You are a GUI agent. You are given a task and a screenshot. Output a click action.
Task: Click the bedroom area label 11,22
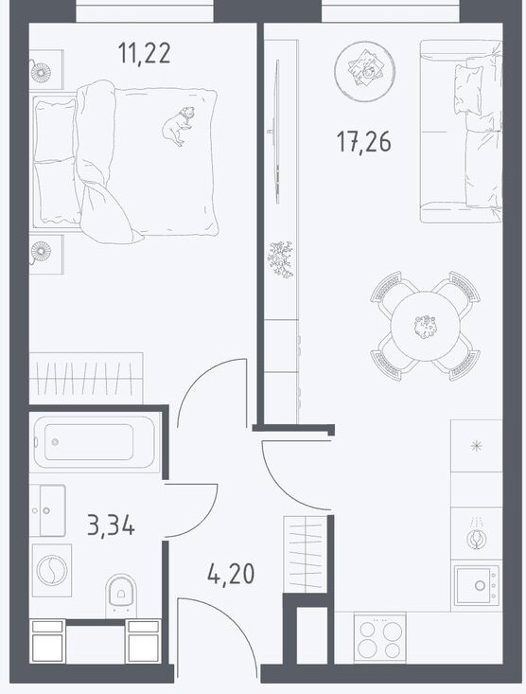[x=144, y=54]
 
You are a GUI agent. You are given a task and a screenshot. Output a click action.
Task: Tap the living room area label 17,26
[x=363, y=142]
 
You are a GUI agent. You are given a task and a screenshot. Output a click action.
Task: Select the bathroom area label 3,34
[x=111, y=526]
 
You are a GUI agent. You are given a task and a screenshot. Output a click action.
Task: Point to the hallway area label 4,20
[x=231, y=574]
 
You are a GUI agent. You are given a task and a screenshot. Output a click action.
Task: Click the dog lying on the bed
[x=178, y=126]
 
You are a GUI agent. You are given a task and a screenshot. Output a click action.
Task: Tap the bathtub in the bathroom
[x=95, y=442]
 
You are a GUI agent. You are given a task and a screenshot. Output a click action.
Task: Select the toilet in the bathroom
[x=122, y=596]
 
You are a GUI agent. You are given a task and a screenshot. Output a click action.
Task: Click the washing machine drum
[x=52, y=570]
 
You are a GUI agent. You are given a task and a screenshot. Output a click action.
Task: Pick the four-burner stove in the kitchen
[x=379, y=638]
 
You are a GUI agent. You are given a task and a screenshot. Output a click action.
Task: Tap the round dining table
[x=426, y=327]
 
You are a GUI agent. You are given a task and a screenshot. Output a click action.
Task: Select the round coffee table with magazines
[x=365, y=71]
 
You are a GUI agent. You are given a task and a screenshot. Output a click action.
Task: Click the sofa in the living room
[x=461, y=131]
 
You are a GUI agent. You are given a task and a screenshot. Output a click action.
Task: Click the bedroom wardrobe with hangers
[x=86, y=378]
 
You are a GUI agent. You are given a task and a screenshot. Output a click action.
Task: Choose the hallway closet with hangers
[x=305, y=555]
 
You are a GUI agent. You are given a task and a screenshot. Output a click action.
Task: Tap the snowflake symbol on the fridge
[x=476, y=446]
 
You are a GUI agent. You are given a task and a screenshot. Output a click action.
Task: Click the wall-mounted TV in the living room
[x=277, y=132]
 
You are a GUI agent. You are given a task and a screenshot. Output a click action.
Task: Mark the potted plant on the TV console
[x=280, y=259]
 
